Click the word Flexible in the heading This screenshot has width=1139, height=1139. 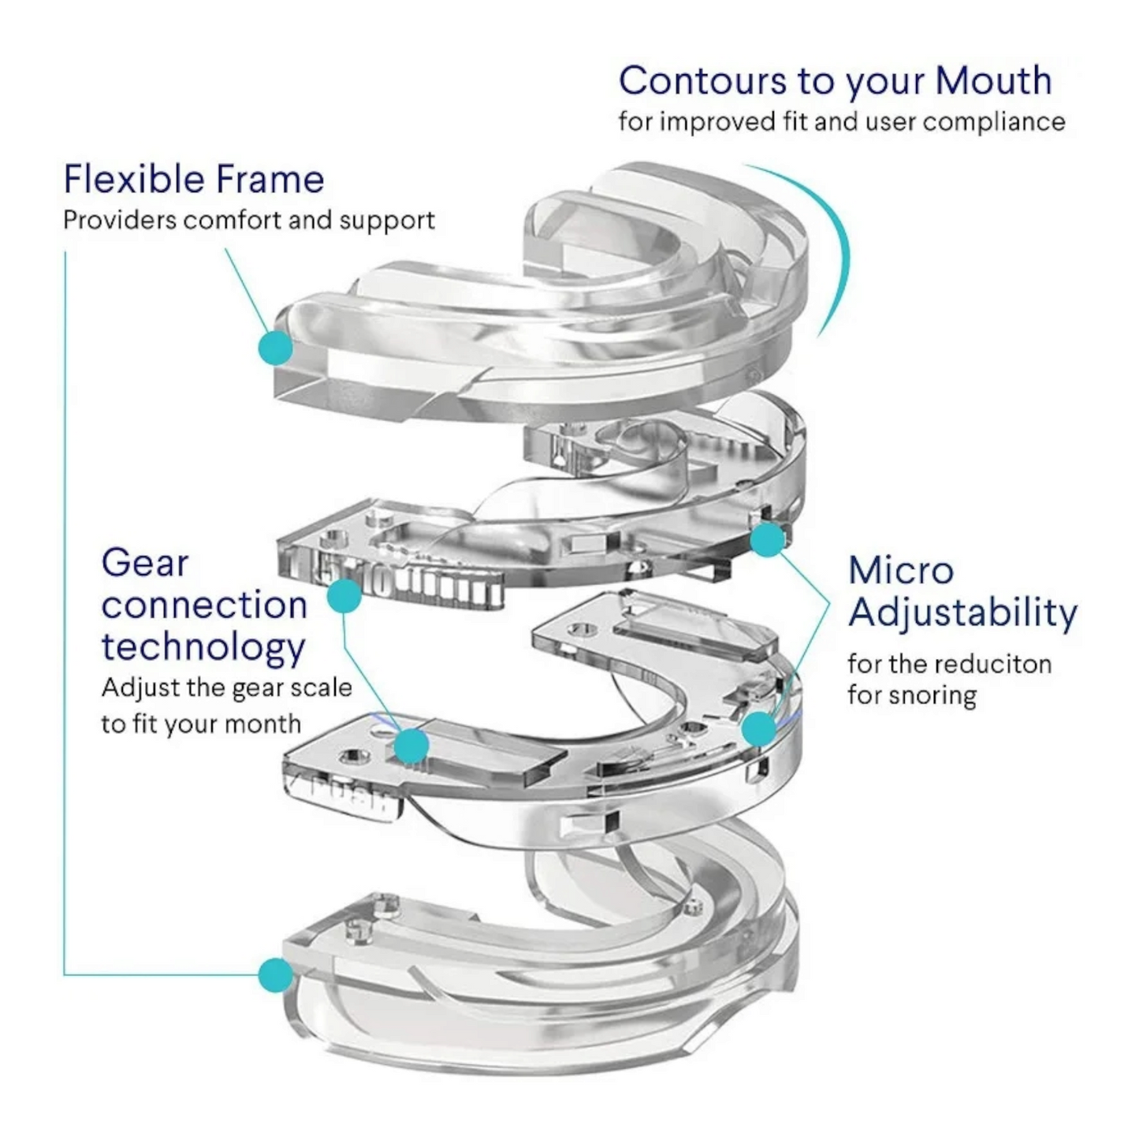coord(125,179)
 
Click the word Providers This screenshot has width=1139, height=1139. coord(119,220)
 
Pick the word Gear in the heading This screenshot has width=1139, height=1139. coord(145,564)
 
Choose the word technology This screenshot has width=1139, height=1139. coord(203,647)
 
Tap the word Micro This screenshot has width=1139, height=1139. coord(901,570)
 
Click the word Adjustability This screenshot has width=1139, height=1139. coord(962,613)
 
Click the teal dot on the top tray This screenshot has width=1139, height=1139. coord(276,347)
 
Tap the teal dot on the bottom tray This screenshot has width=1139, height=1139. coord(276,975)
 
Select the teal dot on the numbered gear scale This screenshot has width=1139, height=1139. coord(344,596)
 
